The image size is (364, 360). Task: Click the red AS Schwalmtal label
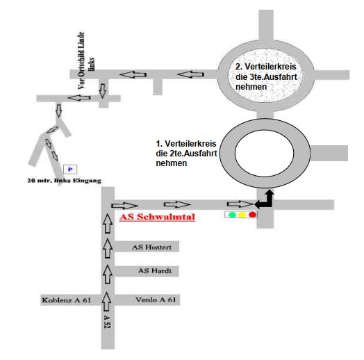pyautogui.click(x=157, y=217)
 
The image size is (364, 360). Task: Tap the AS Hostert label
pyautogui.click(x=152, y=247)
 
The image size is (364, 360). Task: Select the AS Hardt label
pyautogui.click(x=155, y=270)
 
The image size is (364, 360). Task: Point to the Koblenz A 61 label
pyautogui.click(x=67, y=300)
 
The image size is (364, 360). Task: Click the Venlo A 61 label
pyautogui.click(x=156, y=300)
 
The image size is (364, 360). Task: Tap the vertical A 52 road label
pyautogui.click(x=107, y=322)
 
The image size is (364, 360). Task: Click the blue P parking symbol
pyautogui.click(x=70, y=170)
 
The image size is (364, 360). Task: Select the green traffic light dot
pyautogui.click(x=232, y=215)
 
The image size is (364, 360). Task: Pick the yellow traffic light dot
pyautogui.click(x=242, y=215)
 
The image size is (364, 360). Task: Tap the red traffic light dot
pyautogui.click(x=253, y=214)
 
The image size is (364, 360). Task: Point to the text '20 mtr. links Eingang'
pyautogui.click(x=65, y=181)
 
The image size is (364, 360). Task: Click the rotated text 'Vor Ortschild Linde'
pyautogui.click(x=81, y=60)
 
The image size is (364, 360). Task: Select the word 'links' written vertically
pyautogui.click(x=92, y=64)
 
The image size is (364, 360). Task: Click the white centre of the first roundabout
pyautogui.click(x=265, y=153)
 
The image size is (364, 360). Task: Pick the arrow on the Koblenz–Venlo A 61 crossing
pyautogui.click(x=106, y=301)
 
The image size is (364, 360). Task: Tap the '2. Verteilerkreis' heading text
pyautogui.click(x=266, y=67)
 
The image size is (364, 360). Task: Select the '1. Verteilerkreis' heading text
pyautogui.click(x=186, y=144)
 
